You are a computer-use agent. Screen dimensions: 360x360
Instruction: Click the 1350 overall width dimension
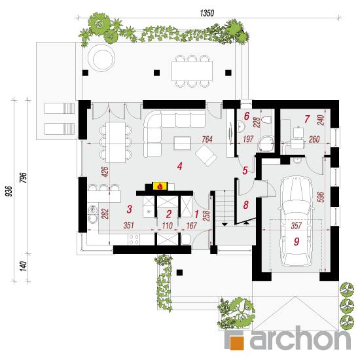click(x=207, y=13)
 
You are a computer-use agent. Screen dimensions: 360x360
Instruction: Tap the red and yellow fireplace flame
click(x=160, y=186)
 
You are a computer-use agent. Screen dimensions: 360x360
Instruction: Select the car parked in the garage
click(x=296, y=221)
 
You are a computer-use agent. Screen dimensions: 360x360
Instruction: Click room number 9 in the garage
click(x=297, y=242)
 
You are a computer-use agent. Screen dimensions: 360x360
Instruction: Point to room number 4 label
click(x=180, y=166)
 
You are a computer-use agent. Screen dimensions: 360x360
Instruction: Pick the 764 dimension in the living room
click(x=207, y=139)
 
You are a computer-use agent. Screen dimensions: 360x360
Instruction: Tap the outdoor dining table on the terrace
click(x=192, y=71)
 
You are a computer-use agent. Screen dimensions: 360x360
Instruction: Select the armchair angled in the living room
click(x=206, y=155)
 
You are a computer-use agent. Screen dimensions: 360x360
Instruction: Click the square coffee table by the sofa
click(x=183, y=143)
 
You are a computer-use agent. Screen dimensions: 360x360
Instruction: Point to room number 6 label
click(x=247, y=116)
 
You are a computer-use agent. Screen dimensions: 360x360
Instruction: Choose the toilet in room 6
click(x=267, y=120)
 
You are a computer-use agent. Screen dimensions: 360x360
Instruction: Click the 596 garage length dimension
click(x=321, y=197)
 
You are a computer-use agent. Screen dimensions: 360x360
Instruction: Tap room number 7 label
click(x=307, y=119)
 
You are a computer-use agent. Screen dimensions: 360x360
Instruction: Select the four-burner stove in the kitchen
click(x=134, y=239)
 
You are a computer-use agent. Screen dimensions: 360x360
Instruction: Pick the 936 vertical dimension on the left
click(x=9, y=191)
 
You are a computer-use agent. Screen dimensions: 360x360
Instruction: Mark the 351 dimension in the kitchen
click(x=129, y=225)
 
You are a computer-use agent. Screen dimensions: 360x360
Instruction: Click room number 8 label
click(x=246, y=205)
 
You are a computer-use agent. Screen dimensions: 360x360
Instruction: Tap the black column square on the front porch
click(x=179, y=272)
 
